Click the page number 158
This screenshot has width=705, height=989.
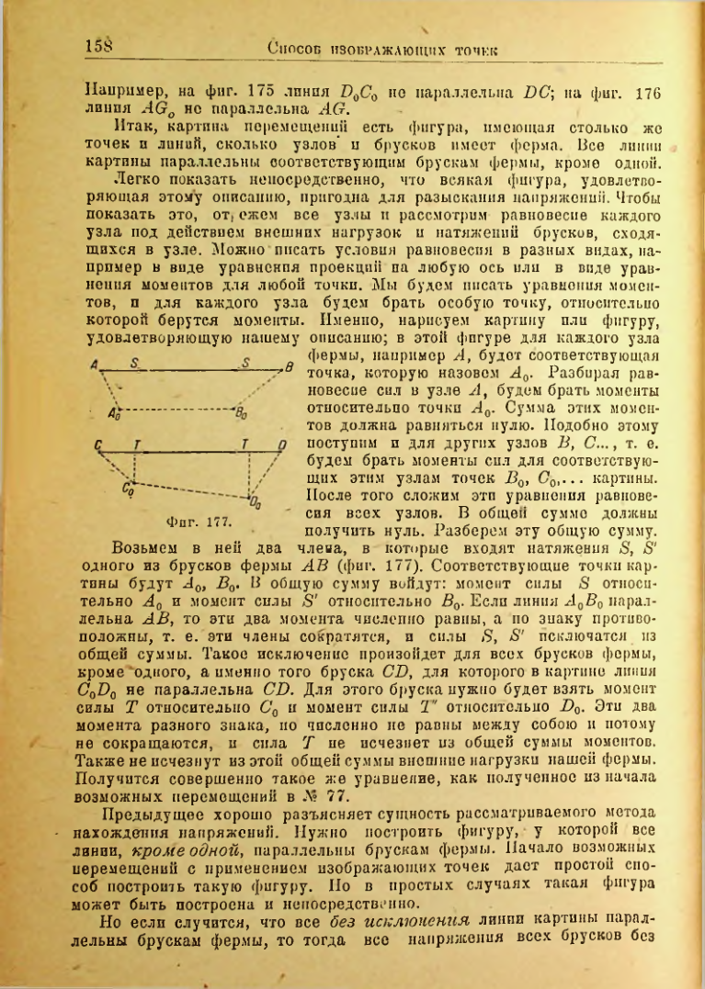(x=98, y=45)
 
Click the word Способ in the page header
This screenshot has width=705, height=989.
(x=296, y=47)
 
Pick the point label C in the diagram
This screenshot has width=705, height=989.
(x=98, y=446)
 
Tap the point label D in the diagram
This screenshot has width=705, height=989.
(x=283, y=447)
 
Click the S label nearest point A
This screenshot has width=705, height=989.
(x=135, y=365)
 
